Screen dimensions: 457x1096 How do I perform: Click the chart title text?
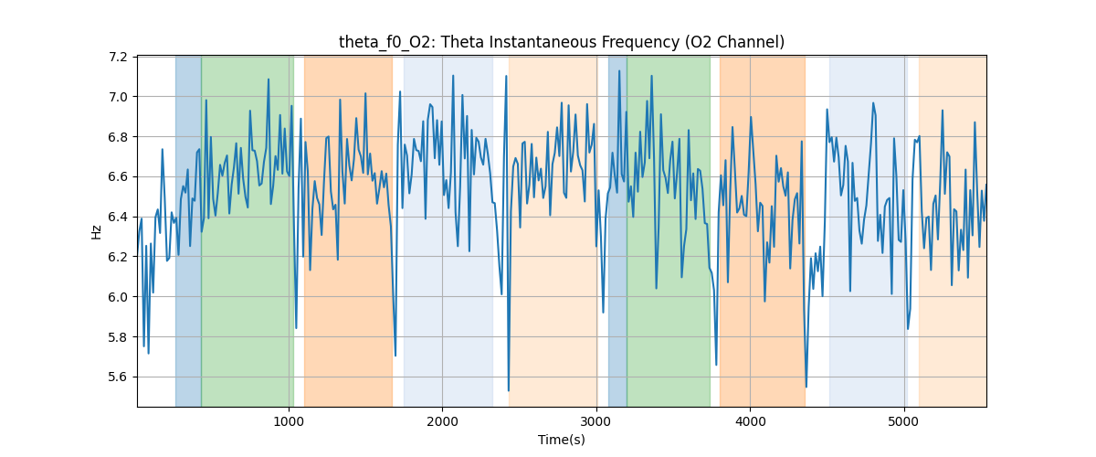(x=561, y=42)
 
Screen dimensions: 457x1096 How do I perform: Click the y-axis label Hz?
(x=96, y=231)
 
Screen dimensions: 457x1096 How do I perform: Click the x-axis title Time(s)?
(x=561, y=440)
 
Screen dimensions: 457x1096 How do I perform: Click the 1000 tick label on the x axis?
(x=289, y=421)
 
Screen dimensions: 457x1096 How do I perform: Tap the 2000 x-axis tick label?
(x=442, y=421)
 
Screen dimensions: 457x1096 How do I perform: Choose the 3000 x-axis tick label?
(x=595, y=421)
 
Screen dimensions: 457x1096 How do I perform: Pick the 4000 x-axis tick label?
(x=750, y=421)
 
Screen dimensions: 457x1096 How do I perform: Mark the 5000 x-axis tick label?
(x=903, y=421)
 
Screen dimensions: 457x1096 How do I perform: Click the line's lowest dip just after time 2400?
(x=508, y=390)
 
